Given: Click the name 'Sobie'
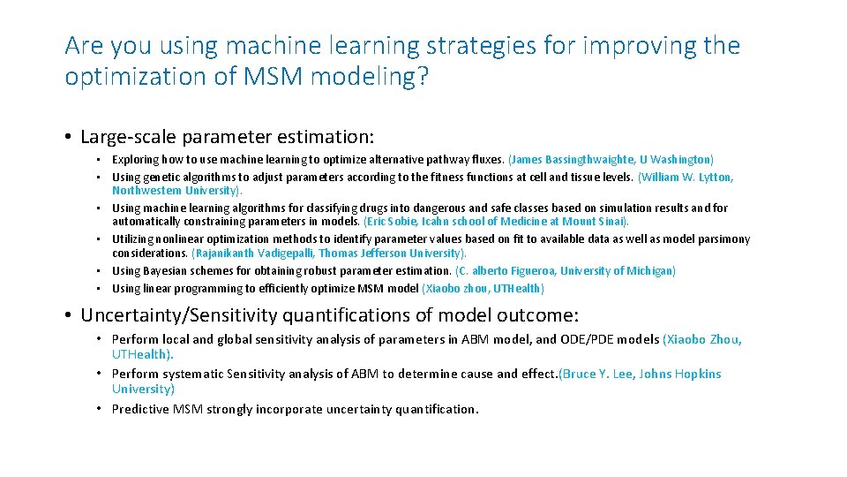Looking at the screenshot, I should pos(401,222).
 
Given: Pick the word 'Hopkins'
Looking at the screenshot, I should pos(696,374).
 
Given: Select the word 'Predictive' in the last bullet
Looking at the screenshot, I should pos(141,409).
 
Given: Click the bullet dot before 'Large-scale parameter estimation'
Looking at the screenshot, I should pos(68,138).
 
